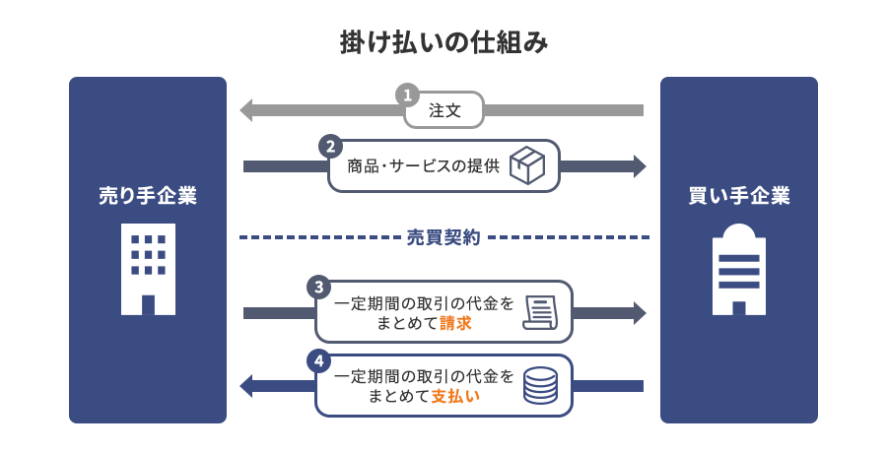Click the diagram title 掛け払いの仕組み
(x=443, y=42)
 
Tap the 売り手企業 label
(x=148, y=195)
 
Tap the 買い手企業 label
(x=739, y=195)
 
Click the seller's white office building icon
(x=148, y=268)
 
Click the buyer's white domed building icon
(x=739, y=269)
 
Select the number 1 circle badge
(x=406, y=96)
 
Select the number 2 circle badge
(x=330, y=146)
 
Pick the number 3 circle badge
(x=317, y=287)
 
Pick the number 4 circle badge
(x=317, y=360)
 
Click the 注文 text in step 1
(x=444, y=110)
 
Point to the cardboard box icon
(x=527, y=165)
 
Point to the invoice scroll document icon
(x=540, y=312)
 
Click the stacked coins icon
(x=540, y=385)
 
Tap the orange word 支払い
(x=455, y=397)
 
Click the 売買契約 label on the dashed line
(x=443, y=237)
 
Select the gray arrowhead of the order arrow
(x=246, y=109)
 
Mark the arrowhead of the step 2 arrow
(x=640, y=165)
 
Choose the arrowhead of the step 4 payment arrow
(x=246, y=385)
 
